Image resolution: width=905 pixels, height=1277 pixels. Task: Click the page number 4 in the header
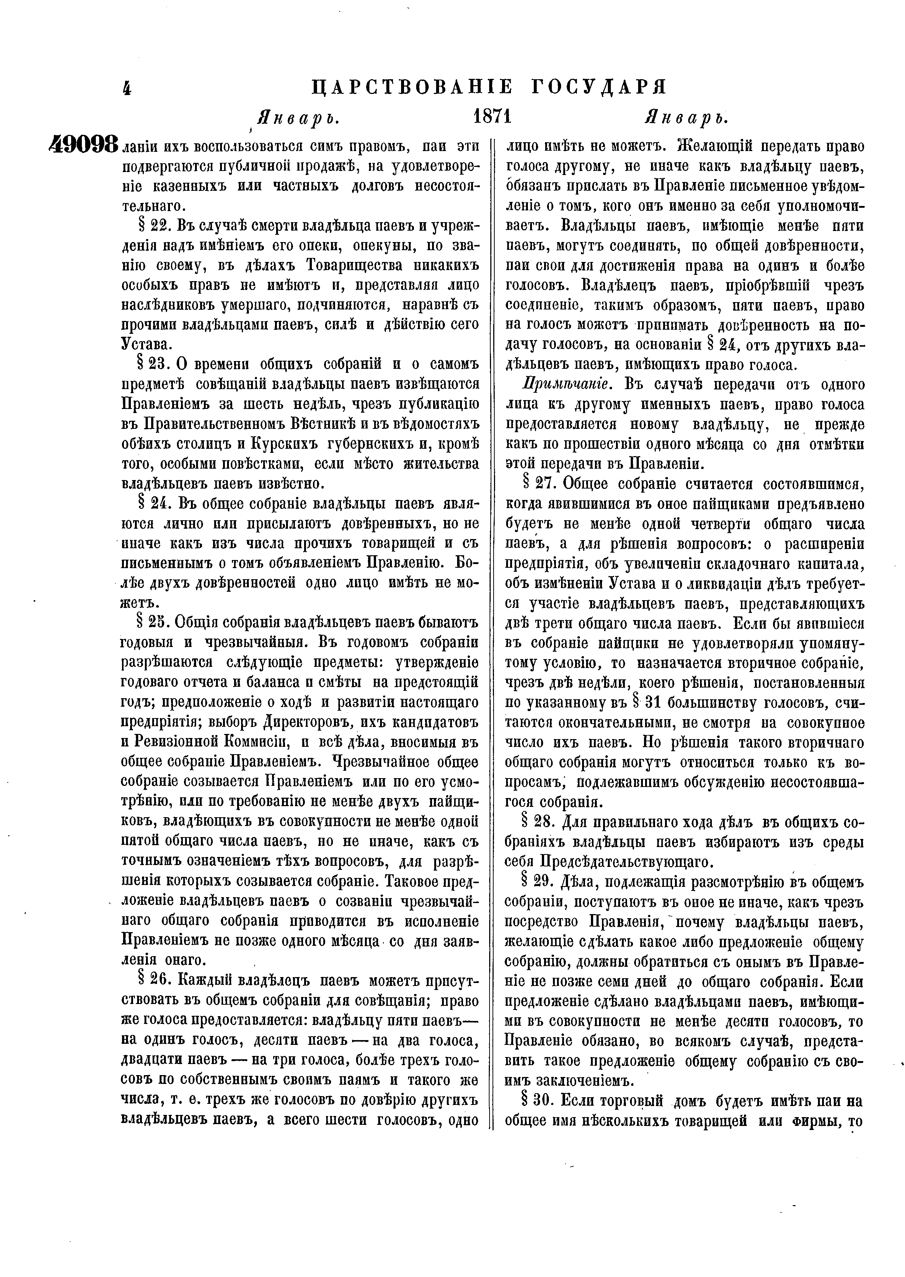coord(127,88)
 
